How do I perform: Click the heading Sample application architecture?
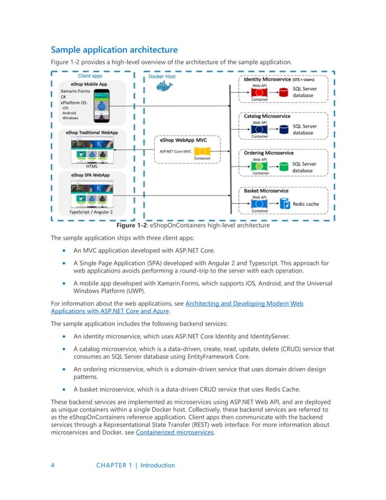tap(114, 50)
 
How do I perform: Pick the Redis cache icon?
tap(283, 204)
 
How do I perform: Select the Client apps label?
tap(90, 76)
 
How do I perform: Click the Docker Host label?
tap(163, 77)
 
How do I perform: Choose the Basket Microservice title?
tap(267, 191)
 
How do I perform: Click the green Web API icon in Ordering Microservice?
tap(259, 166)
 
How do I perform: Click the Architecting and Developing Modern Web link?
tap(244, 303)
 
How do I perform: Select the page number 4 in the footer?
tap(53, 465)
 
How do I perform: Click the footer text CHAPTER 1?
tap(115, 465)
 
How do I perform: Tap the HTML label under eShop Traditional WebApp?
tap(92, 165)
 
